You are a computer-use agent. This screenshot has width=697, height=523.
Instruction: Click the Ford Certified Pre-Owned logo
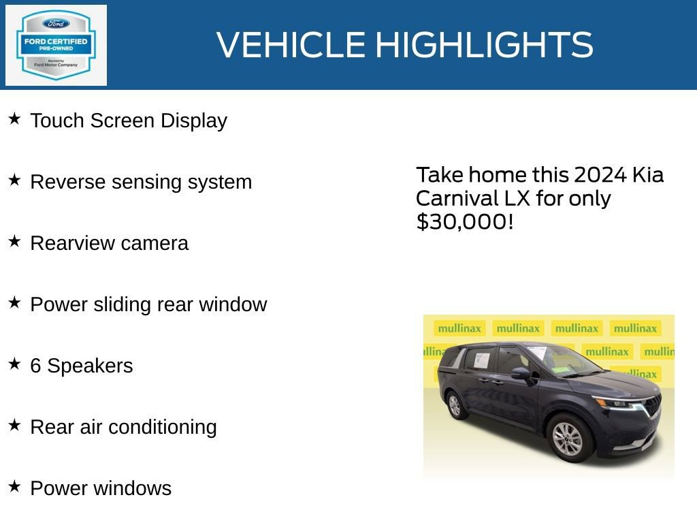point(56,45)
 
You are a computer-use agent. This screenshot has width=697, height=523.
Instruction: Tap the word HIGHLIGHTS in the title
point(484,45)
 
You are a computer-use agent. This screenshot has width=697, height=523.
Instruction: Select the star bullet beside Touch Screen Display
point(14,119)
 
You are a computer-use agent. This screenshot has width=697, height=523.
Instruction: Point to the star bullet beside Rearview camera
point(14,242)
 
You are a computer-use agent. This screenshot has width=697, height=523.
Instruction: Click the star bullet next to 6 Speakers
point(14,364)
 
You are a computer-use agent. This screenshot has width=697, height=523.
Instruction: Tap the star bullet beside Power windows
point(14,487)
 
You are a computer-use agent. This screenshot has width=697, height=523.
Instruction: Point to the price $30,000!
point(464,221)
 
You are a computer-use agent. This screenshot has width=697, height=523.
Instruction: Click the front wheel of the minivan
point(566,439)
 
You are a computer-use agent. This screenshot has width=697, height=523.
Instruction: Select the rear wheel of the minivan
point(454,406)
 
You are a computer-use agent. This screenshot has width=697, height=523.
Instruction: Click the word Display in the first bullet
point(194,121)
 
